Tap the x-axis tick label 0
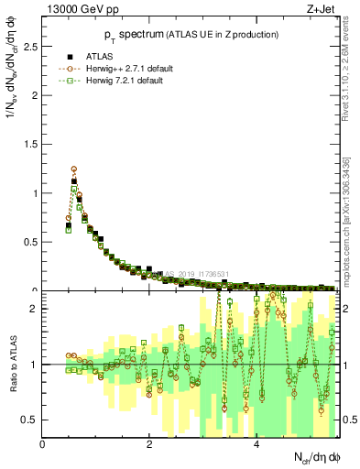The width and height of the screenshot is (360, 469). (x=43, y=444)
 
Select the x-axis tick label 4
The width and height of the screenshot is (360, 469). (x=256, y=444)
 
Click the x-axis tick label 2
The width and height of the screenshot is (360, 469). (x=149, y=444)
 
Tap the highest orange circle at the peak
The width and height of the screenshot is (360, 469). (x=74, y=169)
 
